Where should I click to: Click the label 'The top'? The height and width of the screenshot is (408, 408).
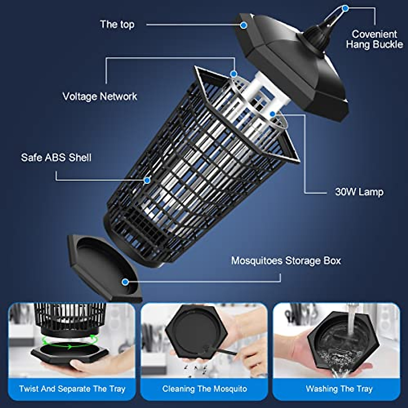coord(117,24)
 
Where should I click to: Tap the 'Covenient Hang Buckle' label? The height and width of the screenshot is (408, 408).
coord(374,39)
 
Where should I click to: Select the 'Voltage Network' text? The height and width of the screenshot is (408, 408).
coord(100,96)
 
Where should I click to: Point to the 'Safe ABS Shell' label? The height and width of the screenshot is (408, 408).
coord(56,157)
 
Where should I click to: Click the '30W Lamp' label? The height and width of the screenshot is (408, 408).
coord(359,192)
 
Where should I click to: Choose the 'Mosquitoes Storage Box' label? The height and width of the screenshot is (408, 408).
coord(286,261)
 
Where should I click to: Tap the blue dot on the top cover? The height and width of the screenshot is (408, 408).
coord(243,25)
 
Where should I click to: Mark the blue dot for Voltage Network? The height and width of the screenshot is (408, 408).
coord(234,73)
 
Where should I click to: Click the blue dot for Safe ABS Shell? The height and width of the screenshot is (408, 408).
coord(147,181)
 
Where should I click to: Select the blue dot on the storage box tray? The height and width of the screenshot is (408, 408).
coord(125,282)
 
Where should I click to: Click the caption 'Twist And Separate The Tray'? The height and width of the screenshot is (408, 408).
coord(72,389)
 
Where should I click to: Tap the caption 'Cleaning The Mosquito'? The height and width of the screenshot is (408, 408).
coord(204,389)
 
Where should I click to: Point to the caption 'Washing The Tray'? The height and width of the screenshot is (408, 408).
coord(339,389)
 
